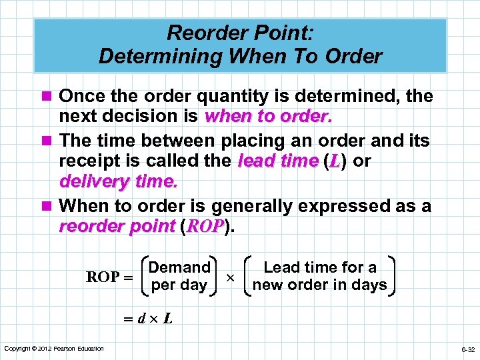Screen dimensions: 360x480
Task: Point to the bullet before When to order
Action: (47, 207)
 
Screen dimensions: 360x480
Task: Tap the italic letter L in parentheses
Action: (334, 161)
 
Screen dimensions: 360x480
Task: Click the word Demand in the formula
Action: (179, 268)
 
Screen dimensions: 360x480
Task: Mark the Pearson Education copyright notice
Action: (54, 349)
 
